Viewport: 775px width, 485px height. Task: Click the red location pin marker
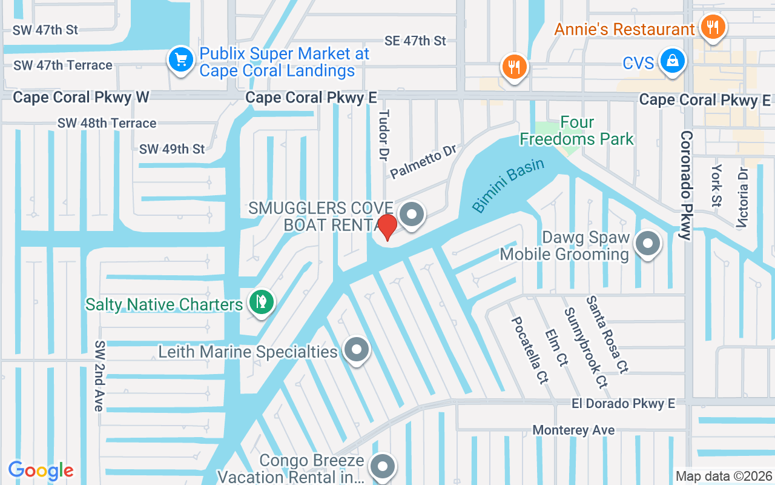(x=387, y=226)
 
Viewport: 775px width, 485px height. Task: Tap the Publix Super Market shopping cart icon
(x=180, y=60)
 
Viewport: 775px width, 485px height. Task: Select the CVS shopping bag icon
(x=672, y=61)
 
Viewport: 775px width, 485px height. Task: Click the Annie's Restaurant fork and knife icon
(x=713, y=27)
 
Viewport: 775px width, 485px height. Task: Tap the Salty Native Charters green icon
(x=262, y=301)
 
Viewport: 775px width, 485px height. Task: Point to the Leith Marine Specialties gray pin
(x=356, y=350)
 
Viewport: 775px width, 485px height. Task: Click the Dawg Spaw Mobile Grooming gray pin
(x=648, y=244)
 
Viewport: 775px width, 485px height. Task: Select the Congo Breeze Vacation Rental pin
(x=383, y=467)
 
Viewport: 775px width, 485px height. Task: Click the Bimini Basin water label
(x=508, y=185)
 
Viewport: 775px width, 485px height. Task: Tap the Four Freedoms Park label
(x=576, y=131)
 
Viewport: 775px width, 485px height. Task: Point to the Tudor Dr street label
(x=383, y=135)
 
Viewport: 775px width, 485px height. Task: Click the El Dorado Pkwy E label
(x=623, y=403)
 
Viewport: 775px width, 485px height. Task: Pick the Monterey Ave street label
(x=573, y=430)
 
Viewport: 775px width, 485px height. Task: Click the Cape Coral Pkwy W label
(x=81, y=97)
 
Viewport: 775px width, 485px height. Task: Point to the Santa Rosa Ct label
(x=606, y=334)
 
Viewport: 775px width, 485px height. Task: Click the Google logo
(x=41, y=470)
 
